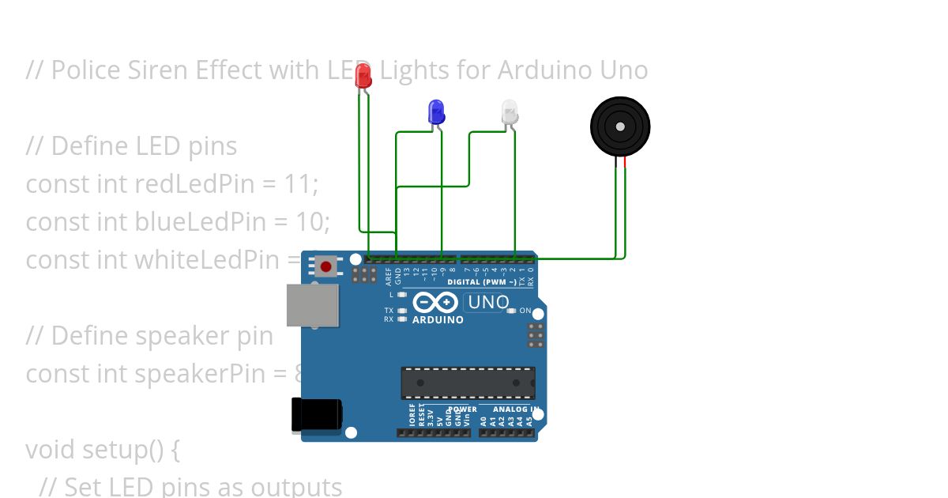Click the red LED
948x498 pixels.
click(x=363, y=76)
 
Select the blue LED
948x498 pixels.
click(x=435, y=111)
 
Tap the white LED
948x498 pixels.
click(x=510, y=111)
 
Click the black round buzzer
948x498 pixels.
click(x=620, y=126)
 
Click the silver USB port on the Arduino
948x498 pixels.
click(x=312, y=304)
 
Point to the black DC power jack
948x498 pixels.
click(x=316, y=415)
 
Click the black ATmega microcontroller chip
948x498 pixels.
click(x=468, y=383)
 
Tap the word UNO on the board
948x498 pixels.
click(x=489, y=302)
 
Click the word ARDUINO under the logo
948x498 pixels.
click(x=437, y=320)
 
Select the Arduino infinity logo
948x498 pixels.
click(x=434, y=303)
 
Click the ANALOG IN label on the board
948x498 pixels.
click(x=515, y=409)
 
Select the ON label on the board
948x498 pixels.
click(x=525, y=311)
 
